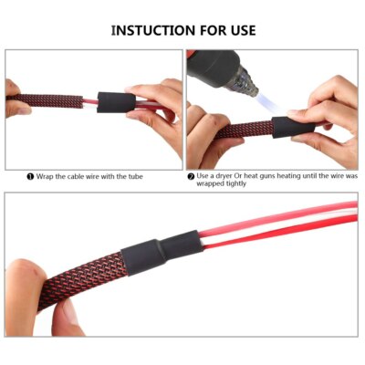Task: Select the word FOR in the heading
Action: click(202, 30)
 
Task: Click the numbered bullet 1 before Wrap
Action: click(30, 175)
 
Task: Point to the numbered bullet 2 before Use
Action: click(191, 175)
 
